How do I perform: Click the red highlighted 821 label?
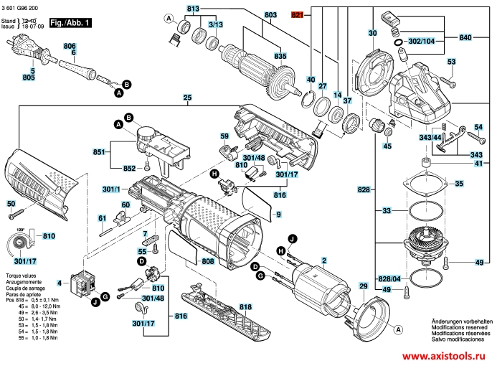coord(298,14)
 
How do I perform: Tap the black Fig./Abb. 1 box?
coord(71,23)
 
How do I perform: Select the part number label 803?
coord(250,15)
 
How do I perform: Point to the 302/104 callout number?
coord(421,42)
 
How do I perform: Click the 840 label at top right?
coord(465,37)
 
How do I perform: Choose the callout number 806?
coord(70,46)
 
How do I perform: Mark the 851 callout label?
coord(99,152)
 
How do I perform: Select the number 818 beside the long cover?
coord(245,306)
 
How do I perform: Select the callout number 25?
coord(186,98)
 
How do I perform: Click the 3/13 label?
coord(215,24)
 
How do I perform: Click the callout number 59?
coord(224,135)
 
